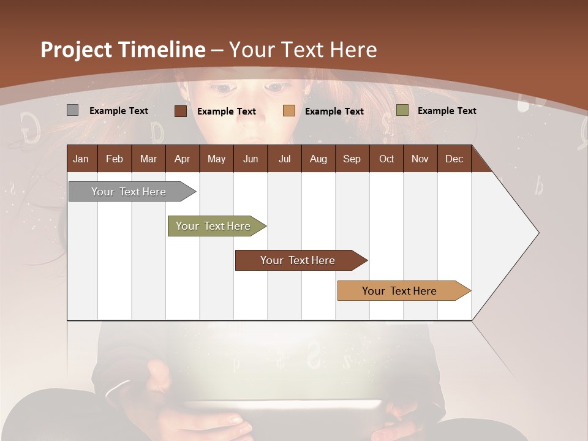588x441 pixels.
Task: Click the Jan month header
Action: coord(81,159)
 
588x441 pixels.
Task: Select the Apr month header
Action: coord(182,159)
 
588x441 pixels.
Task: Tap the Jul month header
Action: coord(284,159)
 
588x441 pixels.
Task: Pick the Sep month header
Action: coord(352,159)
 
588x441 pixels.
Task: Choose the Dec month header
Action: coord(454,159)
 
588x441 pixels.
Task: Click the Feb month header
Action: coord(115,159)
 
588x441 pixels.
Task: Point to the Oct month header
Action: coord(386,159)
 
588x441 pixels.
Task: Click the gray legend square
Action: coord(72,110)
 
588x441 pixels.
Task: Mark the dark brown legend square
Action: coord(180,111)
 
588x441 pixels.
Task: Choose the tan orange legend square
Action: coord(289,111)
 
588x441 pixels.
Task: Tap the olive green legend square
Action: coord(402,110)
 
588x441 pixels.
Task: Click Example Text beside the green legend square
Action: coord(447,111)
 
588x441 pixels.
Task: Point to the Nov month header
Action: coord(420,159)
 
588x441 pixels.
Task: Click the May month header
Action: coord(216,159)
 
